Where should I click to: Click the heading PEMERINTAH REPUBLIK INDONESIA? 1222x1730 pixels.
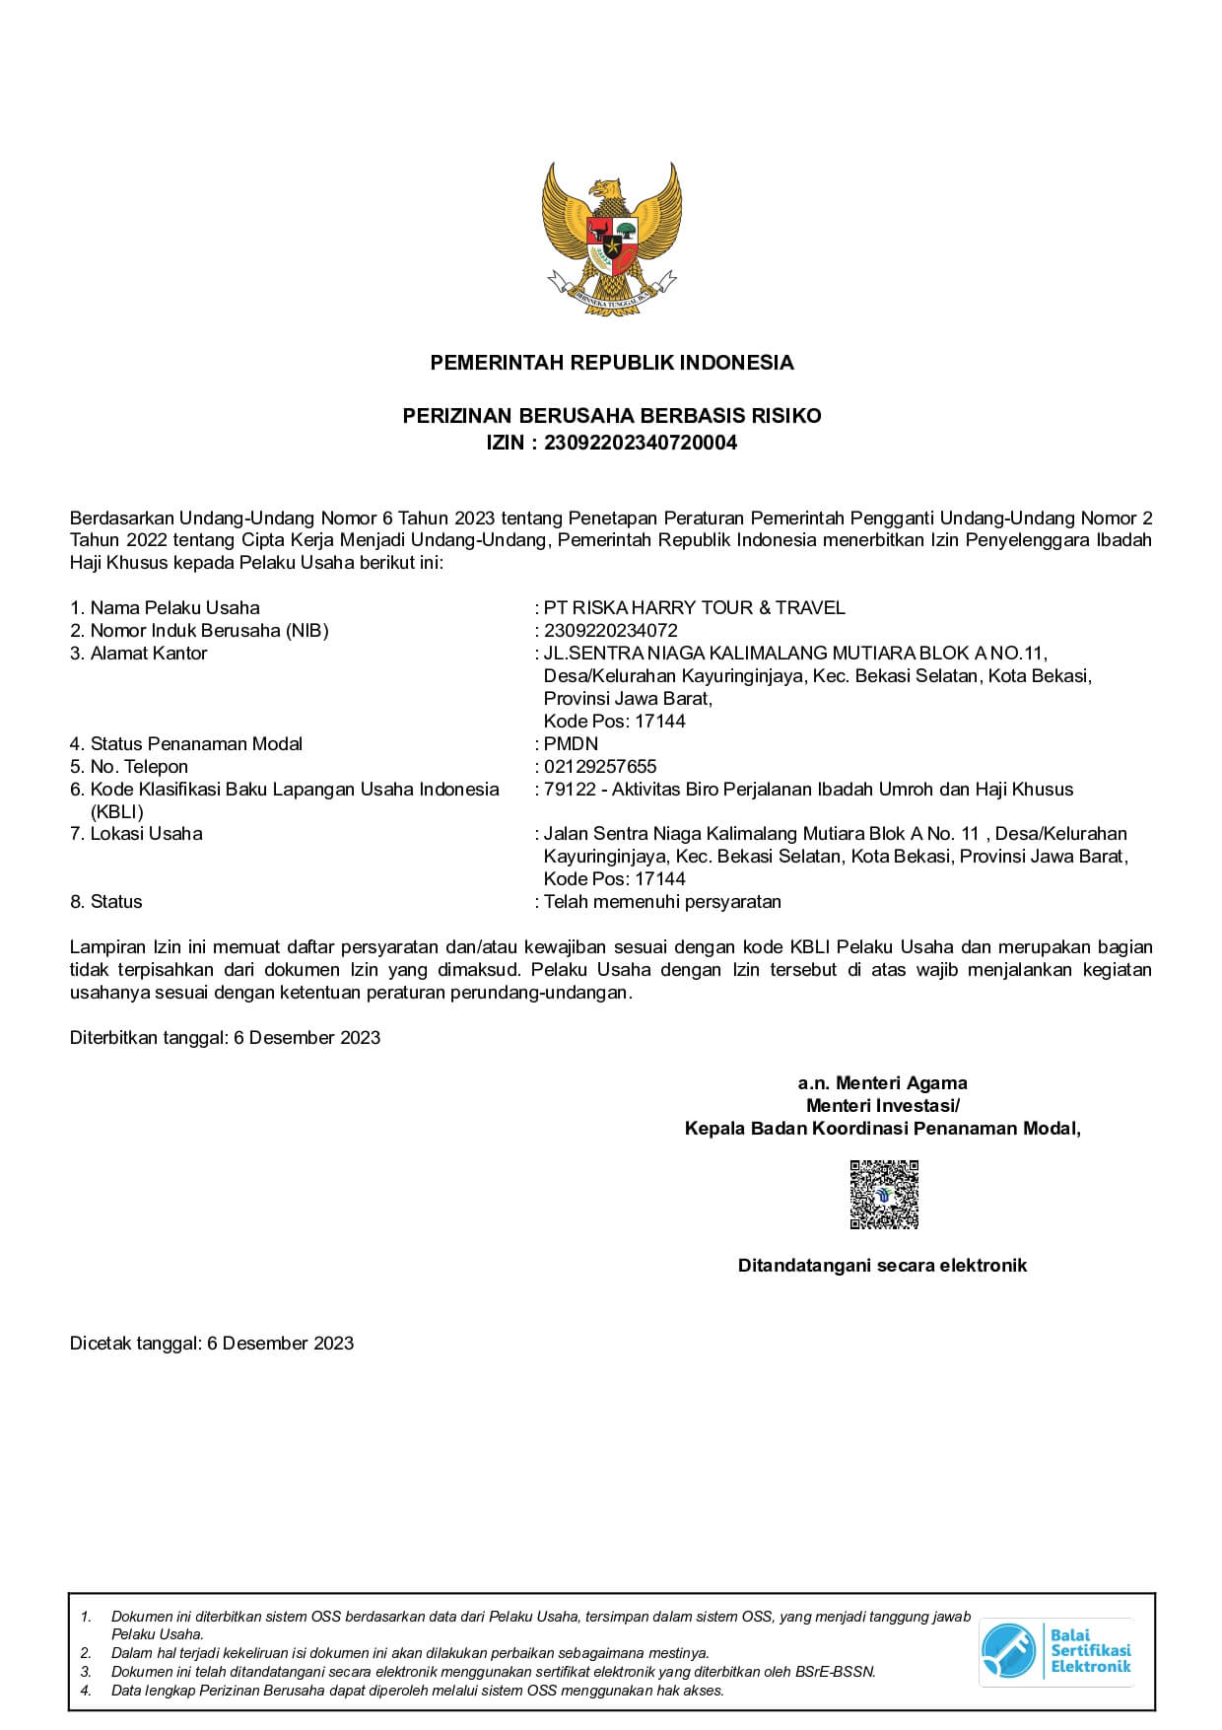611,363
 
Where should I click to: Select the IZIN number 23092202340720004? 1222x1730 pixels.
641,443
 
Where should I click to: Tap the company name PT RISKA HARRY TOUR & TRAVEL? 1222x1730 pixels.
694,608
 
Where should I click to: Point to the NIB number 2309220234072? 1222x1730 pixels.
611,631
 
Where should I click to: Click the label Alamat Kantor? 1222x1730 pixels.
148,654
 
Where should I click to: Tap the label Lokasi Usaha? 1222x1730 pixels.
146,834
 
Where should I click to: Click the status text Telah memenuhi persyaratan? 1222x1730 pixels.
662,902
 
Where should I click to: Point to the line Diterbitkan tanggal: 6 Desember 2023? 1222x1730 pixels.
225,1038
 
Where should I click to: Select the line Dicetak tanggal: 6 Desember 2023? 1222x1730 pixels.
212,1344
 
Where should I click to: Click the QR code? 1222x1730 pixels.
884,1195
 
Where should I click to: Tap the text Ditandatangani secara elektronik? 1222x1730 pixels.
882,1266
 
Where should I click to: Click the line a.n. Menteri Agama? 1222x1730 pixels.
882,1083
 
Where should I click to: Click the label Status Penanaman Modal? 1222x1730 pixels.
196,744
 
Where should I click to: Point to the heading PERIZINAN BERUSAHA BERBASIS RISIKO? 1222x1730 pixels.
611,416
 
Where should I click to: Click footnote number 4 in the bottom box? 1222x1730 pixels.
86,1691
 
